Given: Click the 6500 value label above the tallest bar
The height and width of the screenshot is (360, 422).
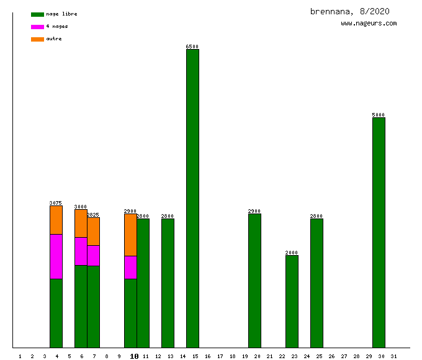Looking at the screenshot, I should pos(192,47).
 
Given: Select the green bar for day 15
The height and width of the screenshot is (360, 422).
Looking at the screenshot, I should pos(192,199).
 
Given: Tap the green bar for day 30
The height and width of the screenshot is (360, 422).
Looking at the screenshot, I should pos(379,233).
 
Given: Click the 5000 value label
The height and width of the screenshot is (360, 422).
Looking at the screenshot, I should pos(379,115).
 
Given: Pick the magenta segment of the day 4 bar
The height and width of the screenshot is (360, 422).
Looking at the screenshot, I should pos(56,256).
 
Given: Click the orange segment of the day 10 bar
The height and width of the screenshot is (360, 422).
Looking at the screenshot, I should pos(130,235).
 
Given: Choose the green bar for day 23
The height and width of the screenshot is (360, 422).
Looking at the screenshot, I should pos(292,301).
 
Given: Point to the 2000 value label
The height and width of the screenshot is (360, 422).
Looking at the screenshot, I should pos(292,253).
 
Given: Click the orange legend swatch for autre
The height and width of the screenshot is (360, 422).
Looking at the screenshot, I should pos(37,39).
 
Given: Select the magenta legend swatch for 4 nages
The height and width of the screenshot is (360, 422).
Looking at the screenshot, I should pos(37,27).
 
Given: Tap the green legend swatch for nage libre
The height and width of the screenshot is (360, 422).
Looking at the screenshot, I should pos(37,14).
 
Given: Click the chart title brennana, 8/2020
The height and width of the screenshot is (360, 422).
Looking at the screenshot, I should pos(350,11).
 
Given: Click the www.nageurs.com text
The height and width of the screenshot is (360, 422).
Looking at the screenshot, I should pos(369,24).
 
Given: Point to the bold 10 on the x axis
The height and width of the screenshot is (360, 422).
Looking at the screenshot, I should pos(134,356).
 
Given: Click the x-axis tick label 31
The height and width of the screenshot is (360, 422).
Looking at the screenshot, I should pos(393,356).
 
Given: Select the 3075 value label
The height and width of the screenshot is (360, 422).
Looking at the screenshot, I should pos(56,203).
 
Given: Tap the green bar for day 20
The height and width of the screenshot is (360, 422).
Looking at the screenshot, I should pos(254,281).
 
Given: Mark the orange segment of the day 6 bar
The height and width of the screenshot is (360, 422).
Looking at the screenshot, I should pos(81,223).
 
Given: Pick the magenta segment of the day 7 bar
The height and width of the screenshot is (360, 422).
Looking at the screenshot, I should pos(93,255).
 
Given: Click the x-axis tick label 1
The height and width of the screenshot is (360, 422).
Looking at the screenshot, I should pos(20,356).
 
